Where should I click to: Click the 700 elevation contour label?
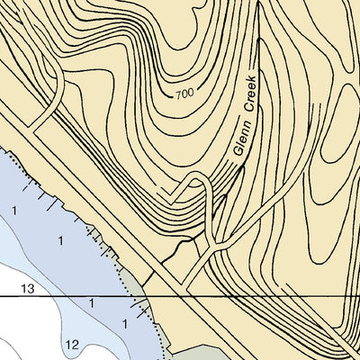(184, 94)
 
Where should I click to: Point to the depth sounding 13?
(27, 288)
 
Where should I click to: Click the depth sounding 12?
(73, 345)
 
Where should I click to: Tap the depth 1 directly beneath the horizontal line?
(91, 304)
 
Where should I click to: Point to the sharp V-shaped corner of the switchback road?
(161, 193)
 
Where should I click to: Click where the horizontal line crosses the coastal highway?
(192, 295)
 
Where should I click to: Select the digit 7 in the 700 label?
(178, 93)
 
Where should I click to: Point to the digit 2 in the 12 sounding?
(76, 345)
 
